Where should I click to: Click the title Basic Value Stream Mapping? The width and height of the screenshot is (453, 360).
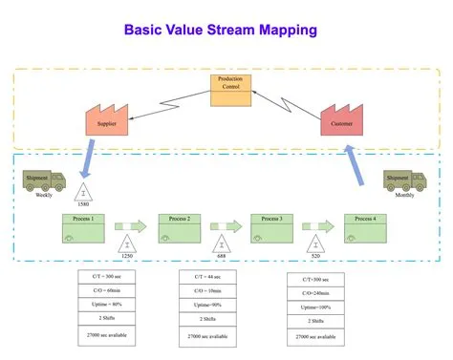[226, 31]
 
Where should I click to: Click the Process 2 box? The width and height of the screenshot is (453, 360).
[175, 226]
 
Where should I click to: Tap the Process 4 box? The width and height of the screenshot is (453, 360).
[366, 226]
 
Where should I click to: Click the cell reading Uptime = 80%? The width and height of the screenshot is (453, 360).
[104, 304]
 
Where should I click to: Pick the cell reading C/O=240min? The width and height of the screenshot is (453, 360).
[314, 293]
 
